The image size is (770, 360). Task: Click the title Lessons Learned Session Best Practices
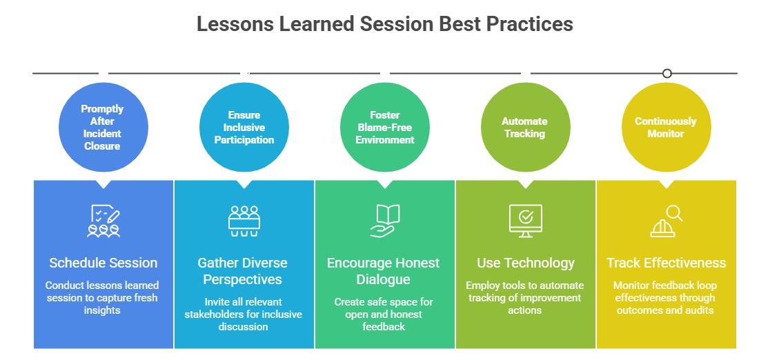[384, 24]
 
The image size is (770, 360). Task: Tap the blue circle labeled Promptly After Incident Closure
[103, 127]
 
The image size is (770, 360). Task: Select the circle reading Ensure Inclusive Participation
[244, 127]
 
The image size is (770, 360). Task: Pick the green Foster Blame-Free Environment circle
[385, 127]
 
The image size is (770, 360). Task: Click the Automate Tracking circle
[526, 127]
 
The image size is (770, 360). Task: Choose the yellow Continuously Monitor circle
[667, 127]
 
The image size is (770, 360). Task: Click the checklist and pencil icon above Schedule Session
[103, 221]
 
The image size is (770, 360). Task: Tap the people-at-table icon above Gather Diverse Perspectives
[244, 221]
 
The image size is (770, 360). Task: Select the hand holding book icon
[384, 221]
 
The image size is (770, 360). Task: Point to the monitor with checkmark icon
[526, 221]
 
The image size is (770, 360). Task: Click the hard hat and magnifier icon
[667, 221]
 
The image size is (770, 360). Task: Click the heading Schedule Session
[103, 263]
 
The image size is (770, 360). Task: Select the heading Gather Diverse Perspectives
[243, 271]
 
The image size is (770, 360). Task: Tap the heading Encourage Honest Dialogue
[384, 271]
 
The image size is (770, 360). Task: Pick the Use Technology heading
[526, 263]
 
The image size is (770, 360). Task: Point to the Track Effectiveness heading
[667, 263]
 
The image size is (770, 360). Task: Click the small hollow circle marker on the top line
[667, 74]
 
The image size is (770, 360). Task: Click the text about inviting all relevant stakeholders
[243, 314]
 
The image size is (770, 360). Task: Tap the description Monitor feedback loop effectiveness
[665, 298]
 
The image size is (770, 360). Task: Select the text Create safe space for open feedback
[384, 314]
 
